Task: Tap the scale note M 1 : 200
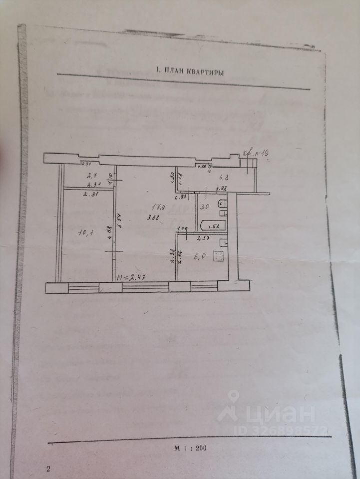190,448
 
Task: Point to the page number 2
48,468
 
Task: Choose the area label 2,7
91,175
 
